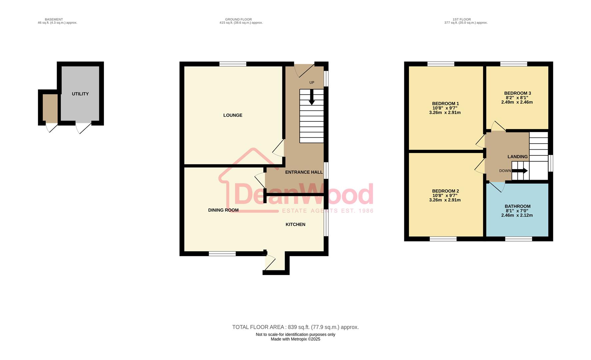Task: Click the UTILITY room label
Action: click(80, 94)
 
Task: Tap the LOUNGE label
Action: click(233, 115)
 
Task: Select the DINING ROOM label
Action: click(223, 210)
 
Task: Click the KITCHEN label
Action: click(295, 224)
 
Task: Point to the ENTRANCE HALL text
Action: click(304, 172)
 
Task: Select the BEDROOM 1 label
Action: click(445, 104)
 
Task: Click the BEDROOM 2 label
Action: click(445, 191)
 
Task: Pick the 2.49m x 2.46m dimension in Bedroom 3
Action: click(517, 102)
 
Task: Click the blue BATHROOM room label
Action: click(517, 206)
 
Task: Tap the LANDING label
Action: click(517, 157)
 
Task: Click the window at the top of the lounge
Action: click(233, 64)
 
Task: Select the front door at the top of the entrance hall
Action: click(304, 69)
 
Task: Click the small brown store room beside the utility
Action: click(50, 107)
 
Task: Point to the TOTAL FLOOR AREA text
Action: click(295, 327)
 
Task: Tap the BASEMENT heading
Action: click(54, 19)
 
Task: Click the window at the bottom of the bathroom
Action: click(518, 239)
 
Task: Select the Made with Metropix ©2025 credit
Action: click(295, 339)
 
